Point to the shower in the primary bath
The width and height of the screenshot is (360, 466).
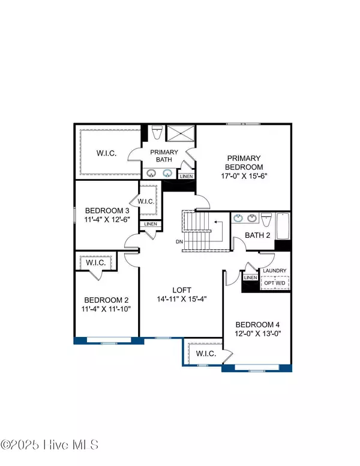(178, 133)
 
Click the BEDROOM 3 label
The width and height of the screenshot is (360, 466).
(107, 211)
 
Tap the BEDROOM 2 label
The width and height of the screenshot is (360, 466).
(107, 300)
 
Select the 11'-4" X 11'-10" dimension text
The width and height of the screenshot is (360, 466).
(107, 309)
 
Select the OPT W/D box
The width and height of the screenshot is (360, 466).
(274, 283)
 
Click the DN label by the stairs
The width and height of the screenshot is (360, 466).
(179, 242)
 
